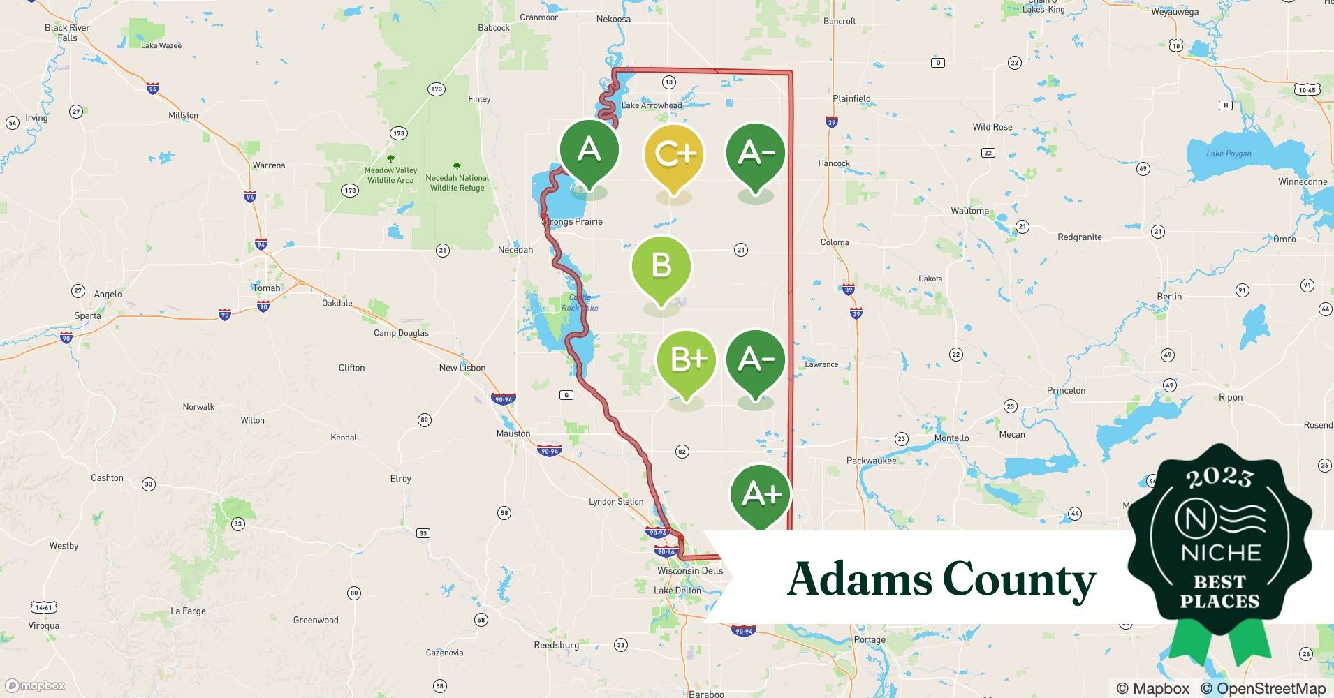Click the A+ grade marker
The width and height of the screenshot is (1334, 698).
[x=761, y=495]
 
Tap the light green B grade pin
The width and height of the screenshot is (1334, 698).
[x=661, y=267]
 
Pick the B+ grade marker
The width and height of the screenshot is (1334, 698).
[x=687, y=360]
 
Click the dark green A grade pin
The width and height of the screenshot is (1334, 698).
[x=589, y=150]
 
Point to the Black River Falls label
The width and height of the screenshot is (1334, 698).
[x=67, y=33]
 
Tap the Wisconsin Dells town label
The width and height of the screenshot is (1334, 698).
[x=690, y=570]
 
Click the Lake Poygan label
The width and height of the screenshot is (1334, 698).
[x=1229, y=154]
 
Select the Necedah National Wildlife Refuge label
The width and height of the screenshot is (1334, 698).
[x=457, y=183]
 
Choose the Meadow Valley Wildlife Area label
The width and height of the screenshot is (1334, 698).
[x=390, y=175]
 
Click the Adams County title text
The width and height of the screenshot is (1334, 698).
[x=941, y=579]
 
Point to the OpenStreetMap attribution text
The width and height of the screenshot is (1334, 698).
[x=1263, y=688]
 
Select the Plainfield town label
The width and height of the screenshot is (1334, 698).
[x=851, y=98]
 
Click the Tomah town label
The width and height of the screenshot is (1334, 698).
[x=266, y=288]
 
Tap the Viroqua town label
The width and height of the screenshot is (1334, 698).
[x=43, y=625]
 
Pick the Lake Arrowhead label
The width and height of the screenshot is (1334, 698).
[x=652, y=105]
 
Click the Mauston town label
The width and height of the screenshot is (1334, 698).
[x=513, y=433]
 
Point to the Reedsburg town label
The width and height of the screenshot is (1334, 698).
[x=556, y=645]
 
